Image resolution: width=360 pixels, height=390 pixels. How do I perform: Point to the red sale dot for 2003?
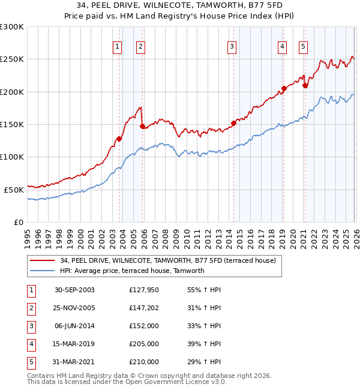pos(119,139)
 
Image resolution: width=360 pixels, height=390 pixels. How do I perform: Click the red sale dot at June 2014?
pos(233,123)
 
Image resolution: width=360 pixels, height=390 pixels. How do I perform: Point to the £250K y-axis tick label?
pos(12,59)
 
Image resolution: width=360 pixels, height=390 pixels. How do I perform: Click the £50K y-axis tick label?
pos(14,189)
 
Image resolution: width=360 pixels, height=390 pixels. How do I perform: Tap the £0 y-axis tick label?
pos(19,222)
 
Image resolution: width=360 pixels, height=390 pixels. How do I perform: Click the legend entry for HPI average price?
pos(132,271)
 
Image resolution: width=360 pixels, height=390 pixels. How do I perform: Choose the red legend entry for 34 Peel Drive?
pos(167,260)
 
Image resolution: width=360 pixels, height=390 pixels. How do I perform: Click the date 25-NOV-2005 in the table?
pos(74,308)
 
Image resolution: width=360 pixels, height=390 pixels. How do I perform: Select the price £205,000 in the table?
pos(144,344)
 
